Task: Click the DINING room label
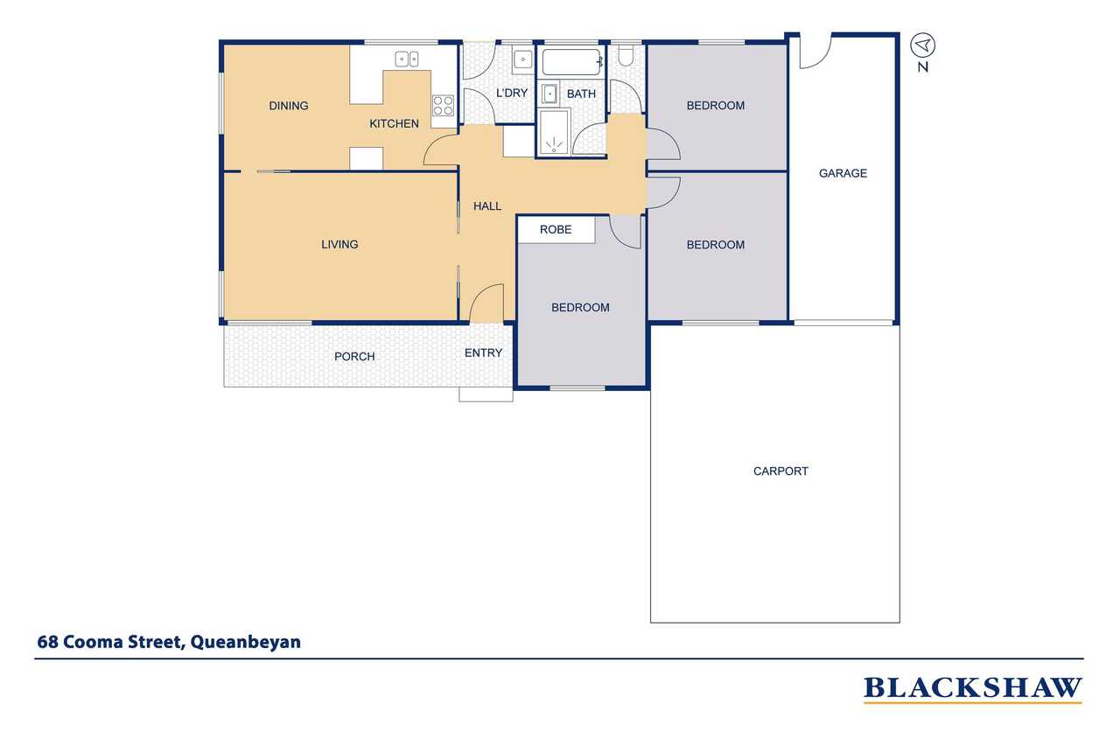(x=289, y=106)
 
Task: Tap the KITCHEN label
(x=394, y=123)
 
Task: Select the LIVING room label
(x=339, y=244)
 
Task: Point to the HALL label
(x=487, y=206)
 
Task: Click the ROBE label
(x=556, y=229)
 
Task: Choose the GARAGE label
(x=843, y=173)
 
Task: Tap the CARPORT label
(x=780, y=471)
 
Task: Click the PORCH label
(x=354, y=356)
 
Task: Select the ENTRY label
(x=483, y=352)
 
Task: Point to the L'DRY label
(x=512, y=93)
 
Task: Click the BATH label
(x=581, y=94)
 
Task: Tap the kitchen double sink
(x=407, y=59)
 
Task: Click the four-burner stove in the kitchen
(x=443, y=106)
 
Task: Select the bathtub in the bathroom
(x=572, y=62)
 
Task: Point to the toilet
(x=626, y=55)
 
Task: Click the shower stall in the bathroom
(x=553, y=132)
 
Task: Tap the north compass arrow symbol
(x=922, y=45)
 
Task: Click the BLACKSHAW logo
(x=972, y=688)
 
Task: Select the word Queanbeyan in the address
(x=246, y=642)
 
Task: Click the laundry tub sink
(x=523, y=60)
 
